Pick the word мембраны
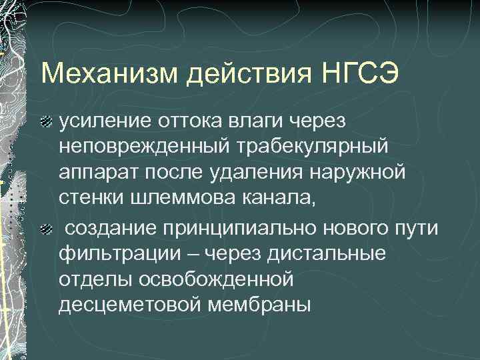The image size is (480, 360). pyautogui.click(x=265, y=305)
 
